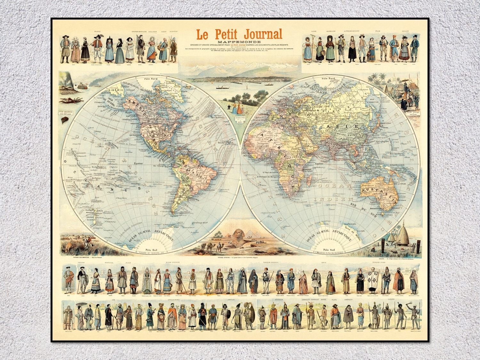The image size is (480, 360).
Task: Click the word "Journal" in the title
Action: (x=263, y=34)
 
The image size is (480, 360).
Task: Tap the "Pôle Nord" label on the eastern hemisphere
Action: (x=329, y=78)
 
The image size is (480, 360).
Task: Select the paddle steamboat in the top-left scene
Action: (x=83, y=86)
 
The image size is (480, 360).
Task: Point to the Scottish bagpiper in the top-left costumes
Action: (x=140, y=48)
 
